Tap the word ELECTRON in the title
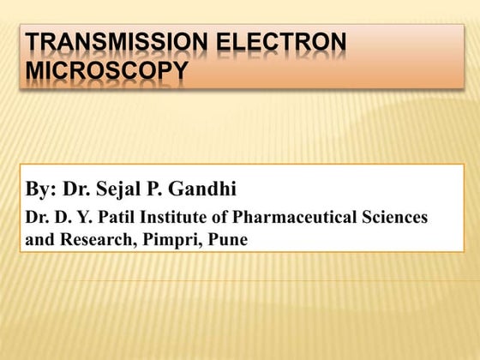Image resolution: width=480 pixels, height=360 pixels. (285, 43)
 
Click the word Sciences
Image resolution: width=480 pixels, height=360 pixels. (396, 218)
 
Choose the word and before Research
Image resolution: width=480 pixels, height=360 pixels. (39, 240)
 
